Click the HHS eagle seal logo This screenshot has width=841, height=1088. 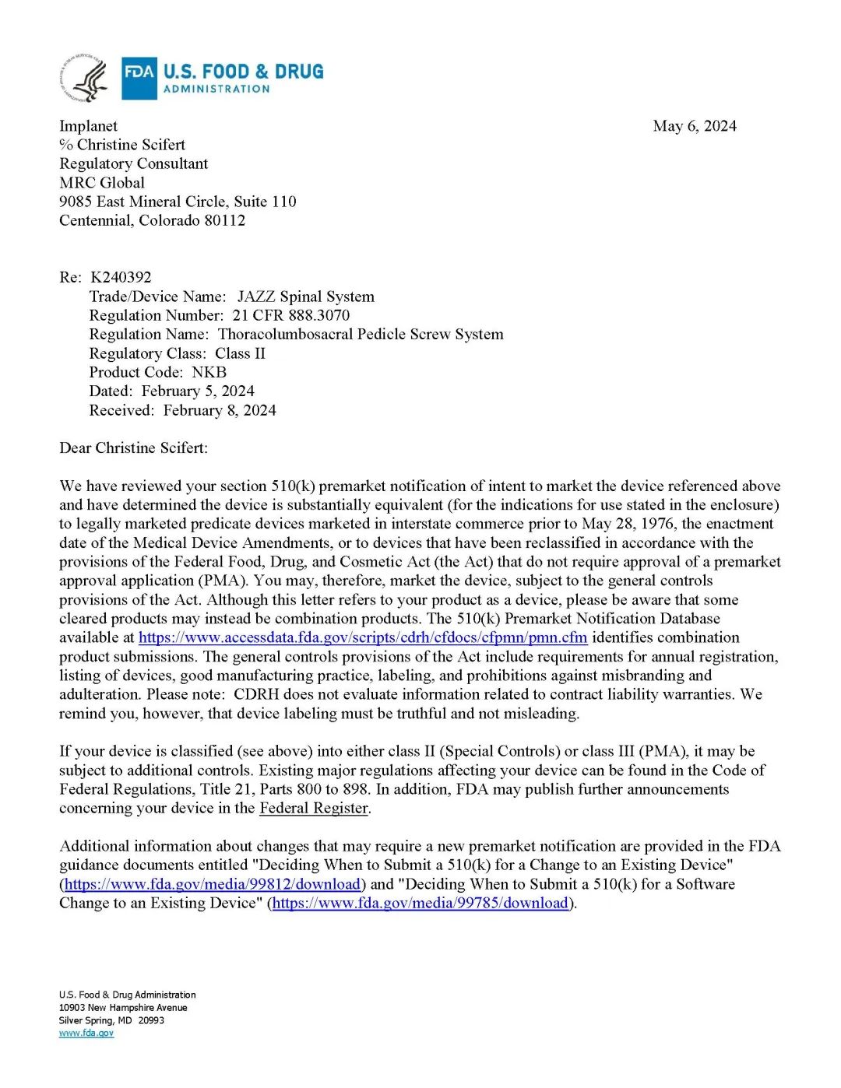click(84, 79)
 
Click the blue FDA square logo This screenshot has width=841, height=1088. click(139, 79)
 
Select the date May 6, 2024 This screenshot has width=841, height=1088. click(695, 126)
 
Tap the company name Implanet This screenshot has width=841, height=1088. click(88, 126)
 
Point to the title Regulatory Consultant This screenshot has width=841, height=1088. click(133, 163)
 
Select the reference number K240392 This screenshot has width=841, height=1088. click(121, 277)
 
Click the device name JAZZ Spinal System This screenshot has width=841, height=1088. click(305, 297)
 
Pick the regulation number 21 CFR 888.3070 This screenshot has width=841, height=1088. click(290, 315)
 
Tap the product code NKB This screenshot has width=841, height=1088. click(209, 372)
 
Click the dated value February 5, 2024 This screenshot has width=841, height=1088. click(198, 391)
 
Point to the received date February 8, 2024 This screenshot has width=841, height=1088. click(220, 410)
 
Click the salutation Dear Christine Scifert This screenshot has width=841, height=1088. click(133, 447)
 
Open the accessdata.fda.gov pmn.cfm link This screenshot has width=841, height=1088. click(362, 637)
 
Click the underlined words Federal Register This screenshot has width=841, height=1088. click(314, 808)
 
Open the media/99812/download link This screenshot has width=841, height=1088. click(213, 884)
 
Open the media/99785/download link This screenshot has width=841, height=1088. click(420, 903)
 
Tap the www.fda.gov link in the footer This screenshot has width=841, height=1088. click(86, 1033)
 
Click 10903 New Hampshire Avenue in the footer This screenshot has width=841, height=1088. click(123, 1007)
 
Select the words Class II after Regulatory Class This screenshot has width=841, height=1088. click(240, 353)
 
